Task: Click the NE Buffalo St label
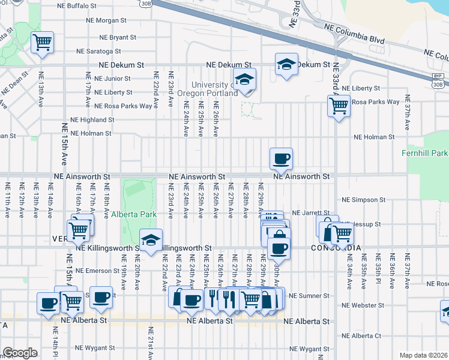pos(76,6)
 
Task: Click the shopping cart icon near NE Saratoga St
pos(43,43)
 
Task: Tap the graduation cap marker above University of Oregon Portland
pos(244,79)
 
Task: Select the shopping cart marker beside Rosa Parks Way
pos(339,106)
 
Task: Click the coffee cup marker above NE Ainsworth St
pos(281,159)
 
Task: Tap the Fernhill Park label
pos(424,154)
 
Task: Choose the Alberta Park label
pos(133,214)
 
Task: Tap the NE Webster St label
pos(363,305)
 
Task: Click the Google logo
pos(20,353)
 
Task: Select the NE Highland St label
pos(92,120)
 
